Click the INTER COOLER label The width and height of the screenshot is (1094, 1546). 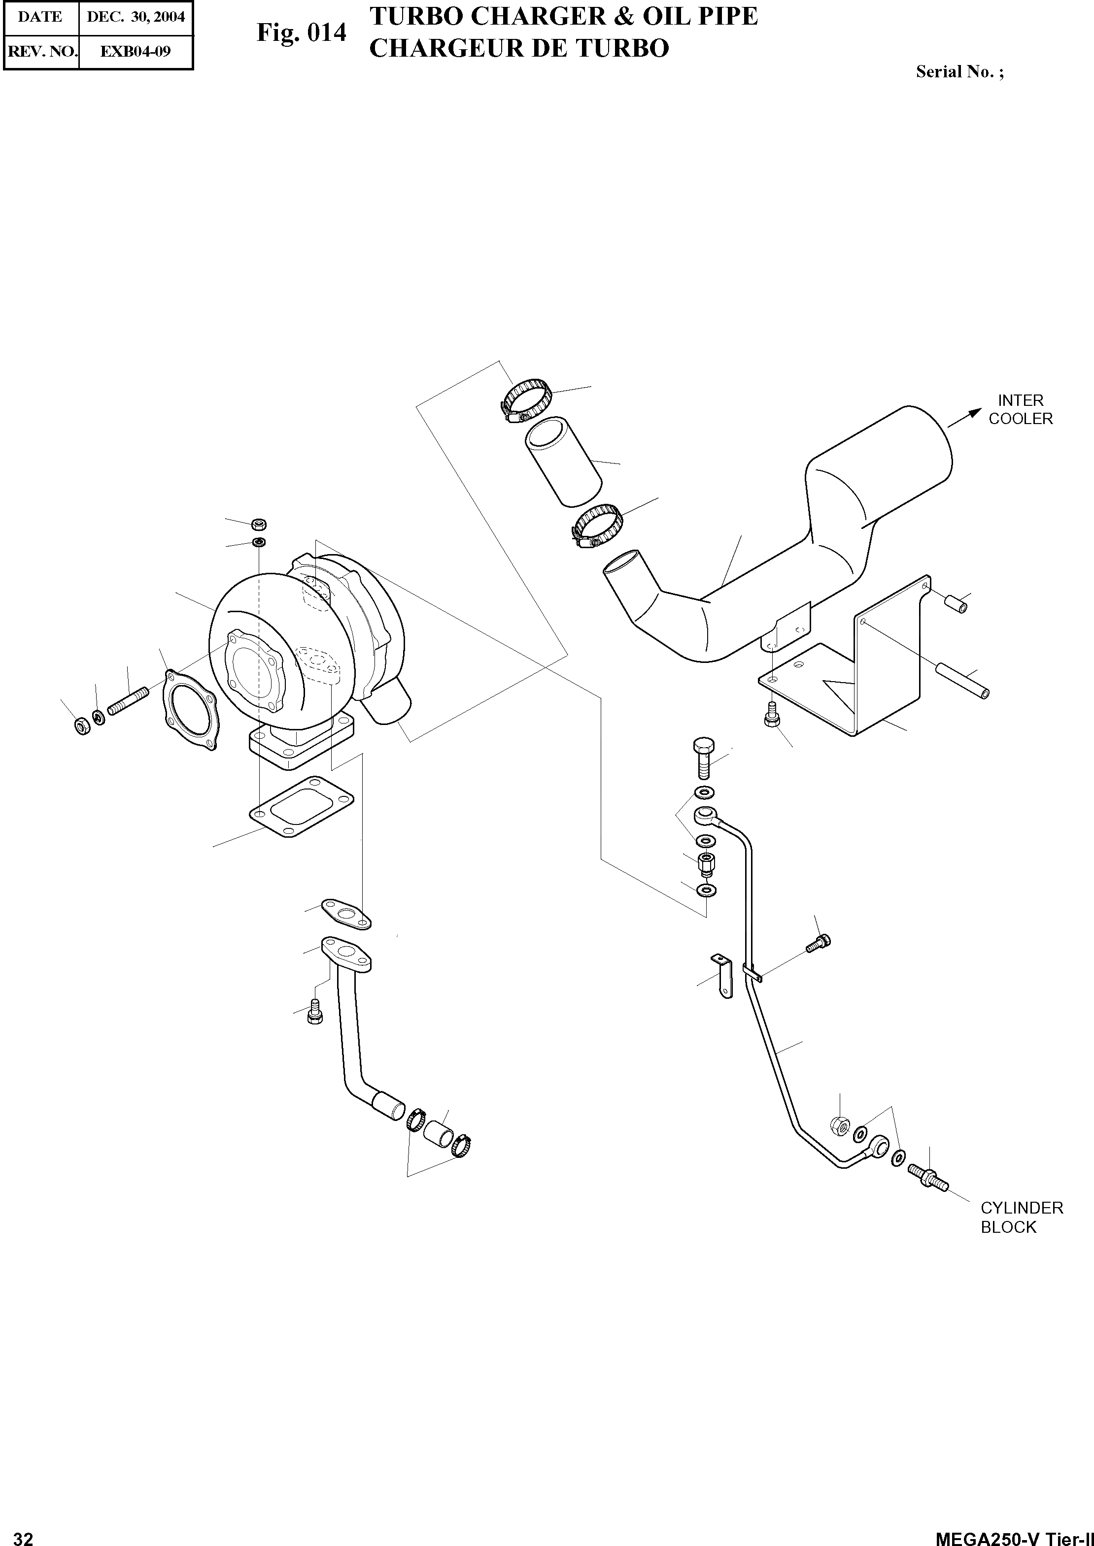click(1020, 409)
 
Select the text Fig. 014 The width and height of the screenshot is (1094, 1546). click(301, 33)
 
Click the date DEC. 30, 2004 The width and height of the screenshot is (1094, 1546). click(136, 17)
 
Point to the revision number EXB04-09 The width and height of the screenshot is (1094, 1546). click(136, 51)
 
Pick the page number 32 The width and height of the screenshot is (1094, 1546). click(23, 1537)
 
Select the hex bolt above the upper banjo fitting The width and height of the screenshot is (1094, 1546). click(703, 757)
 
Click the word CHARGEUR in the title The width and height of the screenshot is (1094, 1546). click(439, 48)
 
